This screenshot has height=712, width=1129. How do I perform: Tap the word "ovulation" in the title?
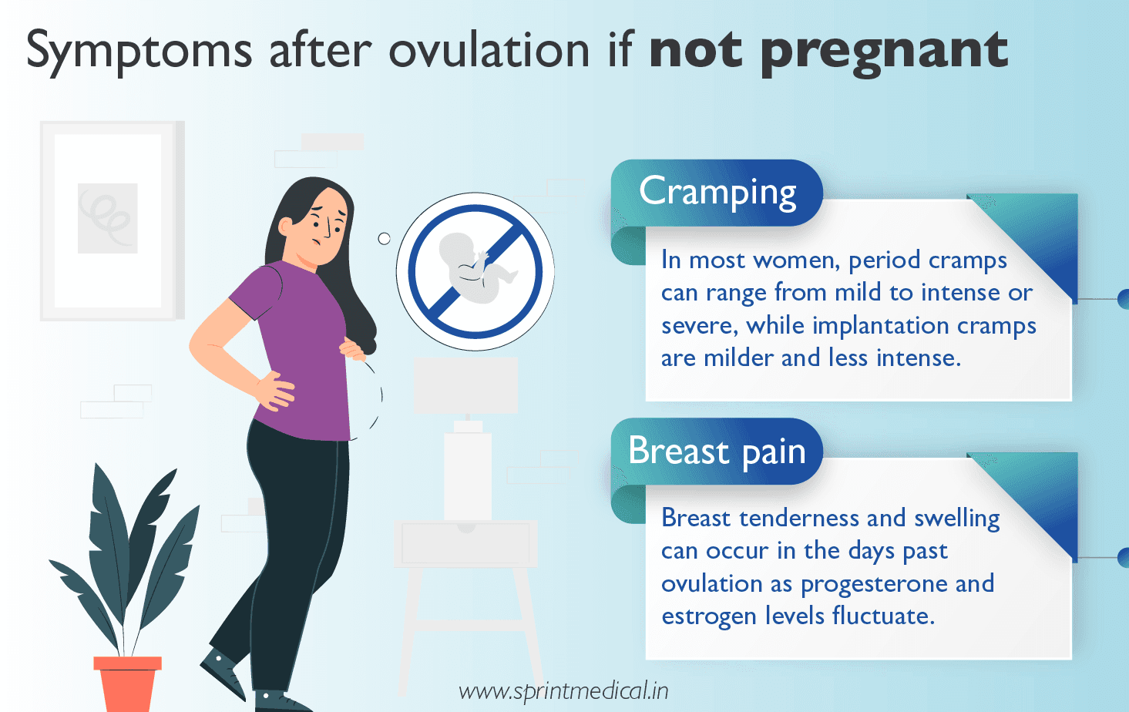pos(489,51)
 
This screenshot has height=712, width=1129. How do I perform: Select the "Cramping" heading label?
pos(717,193)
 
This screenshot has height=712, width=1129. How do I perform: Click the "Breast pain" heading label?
pos(717,452)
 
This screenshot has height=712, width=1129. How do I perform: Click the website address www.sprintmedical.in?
pos(563,690)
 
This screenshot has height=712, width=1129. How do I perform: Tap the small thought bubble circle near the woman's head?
pos(384,239)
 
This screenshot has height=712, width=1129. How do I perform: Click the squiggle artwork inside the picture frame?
pos(107,217)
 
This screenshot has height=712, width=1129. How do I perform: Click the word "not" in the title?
pos(696,51)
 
